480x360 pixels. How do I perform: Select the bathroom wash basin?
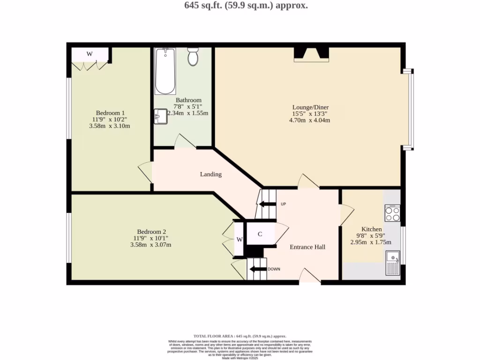[160, 116]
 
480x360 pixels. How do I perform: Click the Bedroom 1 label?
[110, 112]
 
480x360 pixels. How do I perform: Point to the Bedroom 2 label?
[151, 232]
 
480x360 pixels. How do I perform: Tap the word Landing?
[210, 174]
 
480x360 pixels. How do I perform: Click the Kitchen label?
[371, 229]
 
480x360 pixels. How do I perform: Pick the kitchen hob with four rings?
[392, 214]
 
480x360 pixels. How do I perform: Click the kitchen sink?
[392, 262]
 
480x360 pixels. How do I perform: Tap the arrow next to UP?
[268, 204]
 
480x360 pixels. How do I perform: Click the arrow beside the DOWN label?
[257, 269]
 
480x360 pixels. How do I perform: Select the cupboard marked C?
[260, 234]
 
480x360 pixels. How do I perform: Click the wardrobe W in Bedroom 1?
[90, 54]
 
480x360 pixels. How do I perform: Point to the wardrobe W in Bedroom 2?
[239, 240]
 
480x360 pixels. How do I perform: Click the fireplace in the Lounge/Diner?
[311, 55]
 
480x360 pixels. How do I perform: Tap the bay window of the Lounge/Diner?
[411, 110]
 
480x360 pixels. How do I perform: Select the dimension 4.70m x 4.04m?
[309, 120]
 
